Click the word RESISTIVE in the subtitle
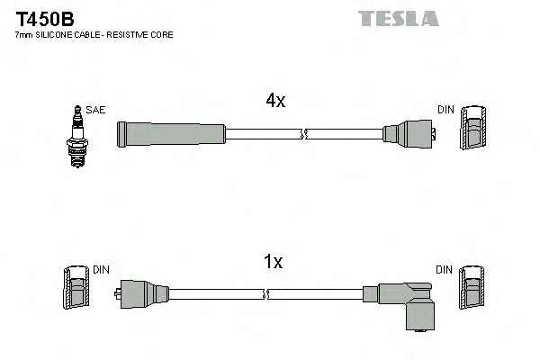click(134, 34)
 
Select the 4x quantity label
click(274, 102)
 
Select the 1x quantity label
click(273, 262)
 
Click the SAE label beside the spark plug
click(96, 110)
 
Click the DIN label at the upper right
click(445, 110)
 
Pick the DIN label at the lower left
click(100, 269)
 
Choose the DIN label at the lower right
click(445, 269)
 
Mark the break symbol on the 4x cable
click(303, 135)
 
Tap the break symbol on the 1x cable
click(266, 293)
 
